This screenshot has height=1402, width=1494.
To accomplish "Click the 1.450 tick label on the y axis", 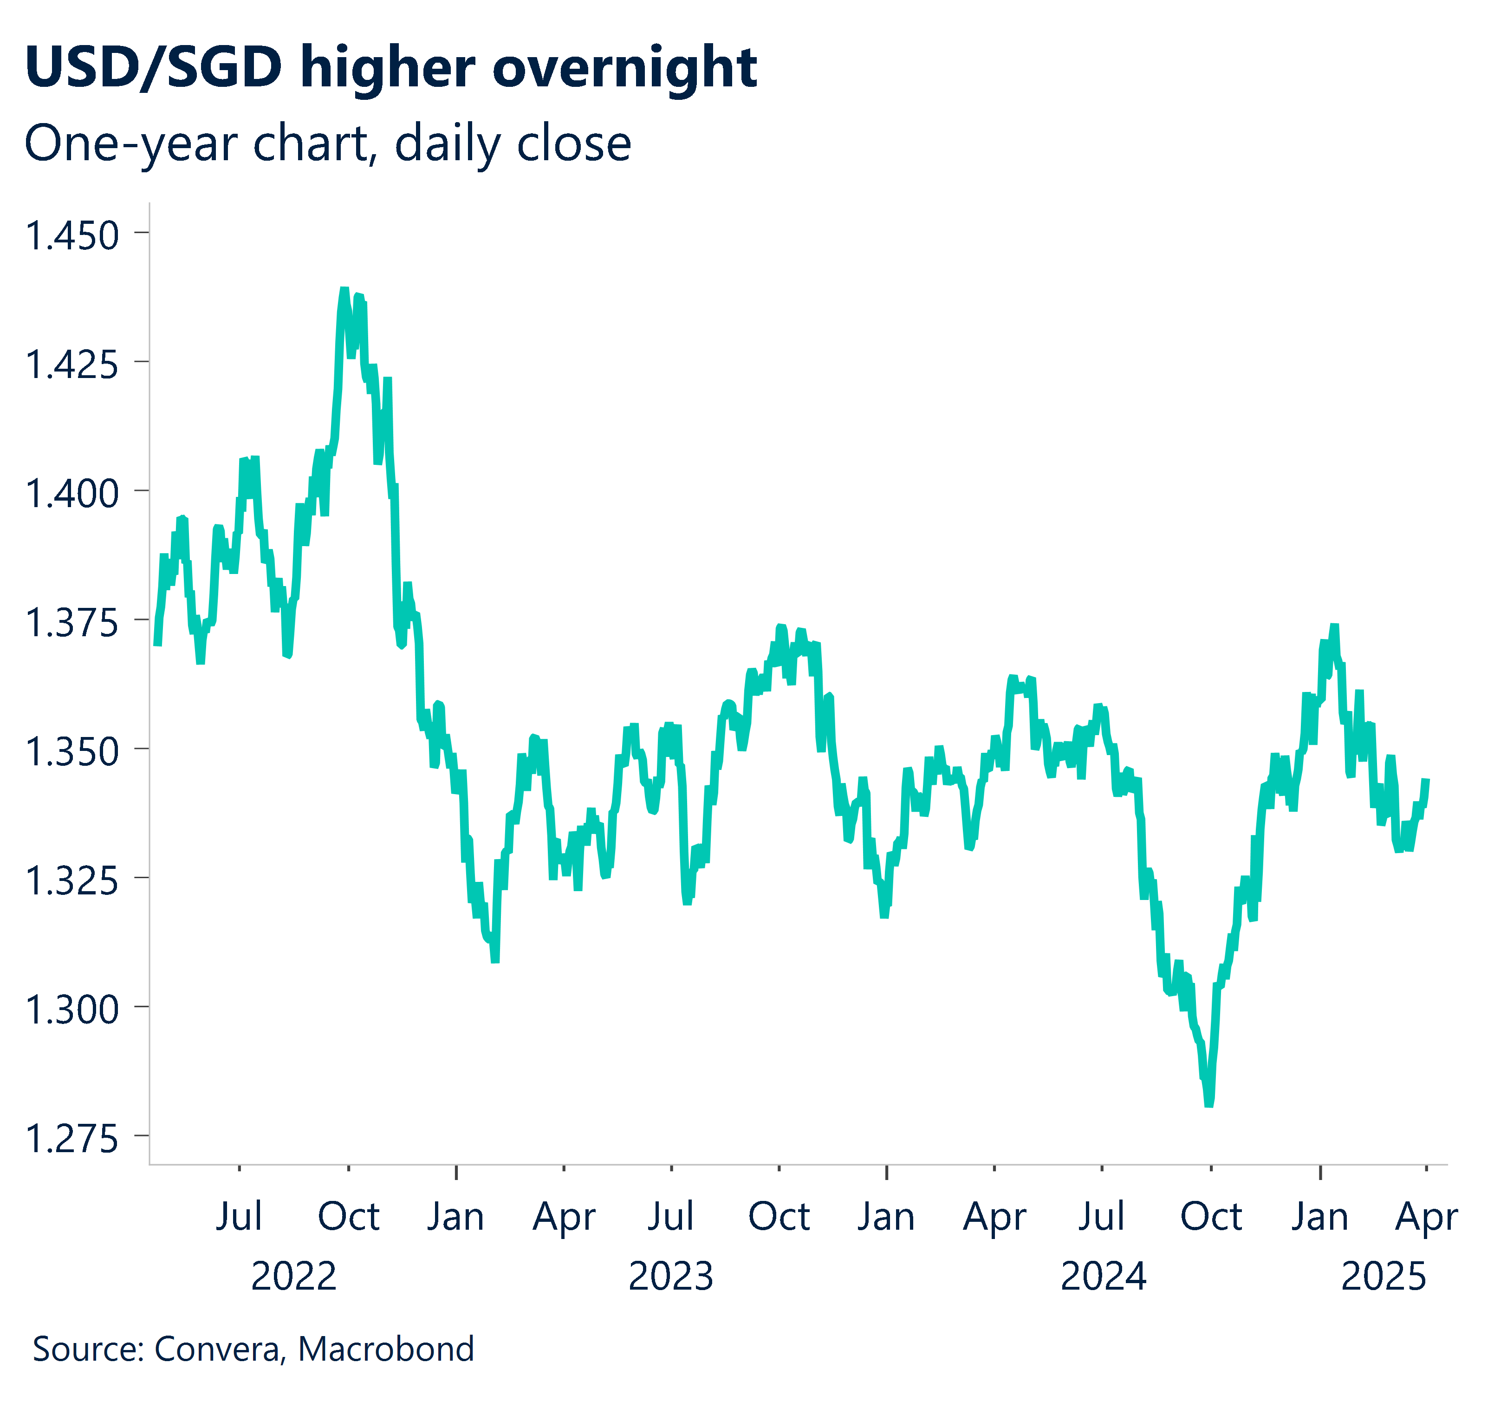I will pyautogui.click(x=72, y=235).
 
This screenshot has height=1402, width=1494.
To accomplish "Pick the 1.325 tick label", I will pyautogui.click(x=72, y=880).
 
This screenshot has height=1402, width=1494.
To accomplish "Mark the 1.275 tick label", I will pyautogui.click(x=72, y=1138).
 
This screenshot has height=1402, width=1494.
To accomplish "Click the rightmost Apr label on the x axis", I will pyautogui.click(x=1426, y=1216).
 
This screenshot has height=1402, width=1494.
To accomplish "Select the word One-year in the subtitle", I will pyautogui.click(x=131, y=143).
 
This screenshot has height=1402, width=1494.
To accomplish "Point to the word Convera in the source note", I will pyautogui.click(x=216, y=1349).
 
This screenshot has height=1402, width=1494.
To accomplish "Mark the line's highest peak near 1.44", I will pyautogui.click(x=344, y=289).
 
